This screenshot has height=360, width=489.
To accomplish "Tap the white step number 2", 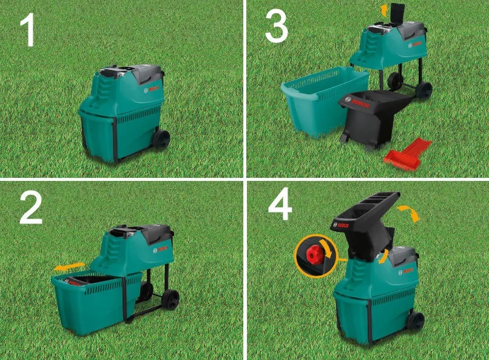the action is click(31, 207).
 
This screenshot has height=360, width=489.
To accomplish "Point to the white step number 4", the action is click(280, 206).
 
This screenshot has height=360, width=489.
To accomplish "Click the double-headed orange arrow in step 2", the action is click(69, 267).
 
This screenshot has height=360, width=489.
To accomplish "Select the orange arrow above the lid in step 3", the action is click(384, 10).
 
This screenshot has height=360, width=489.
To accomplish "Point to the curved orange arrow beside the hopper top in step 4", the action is click(409, 212).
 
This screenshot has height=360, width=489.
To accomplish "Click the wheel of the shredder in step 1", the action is click(161, 139).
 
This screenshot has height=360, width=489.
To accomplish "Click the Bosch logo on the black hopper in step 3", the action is click(357, 102).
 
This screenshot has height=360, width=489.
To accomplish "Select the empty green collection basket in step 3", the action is click(325, 100).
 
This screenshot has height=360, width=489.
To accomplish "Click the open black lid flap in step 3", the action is click(397, 13).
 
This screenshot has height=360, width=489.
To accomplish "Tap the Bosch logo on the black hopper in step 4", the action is click(340, 225).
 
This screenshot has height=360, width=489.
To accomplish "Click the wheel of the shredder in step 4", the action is click(415, 321).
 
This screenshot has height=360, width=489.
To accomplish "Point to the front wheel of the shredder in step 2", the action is click(170, 299).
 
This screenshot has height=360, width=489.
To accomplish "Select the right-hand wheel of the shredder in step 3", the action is click(423, 90).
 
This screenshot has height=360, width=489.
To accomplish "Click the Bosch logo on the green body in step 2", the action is click(160, 250).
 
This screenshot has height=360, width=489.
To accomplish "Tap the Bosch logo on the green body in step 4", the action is click(406, 271).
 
